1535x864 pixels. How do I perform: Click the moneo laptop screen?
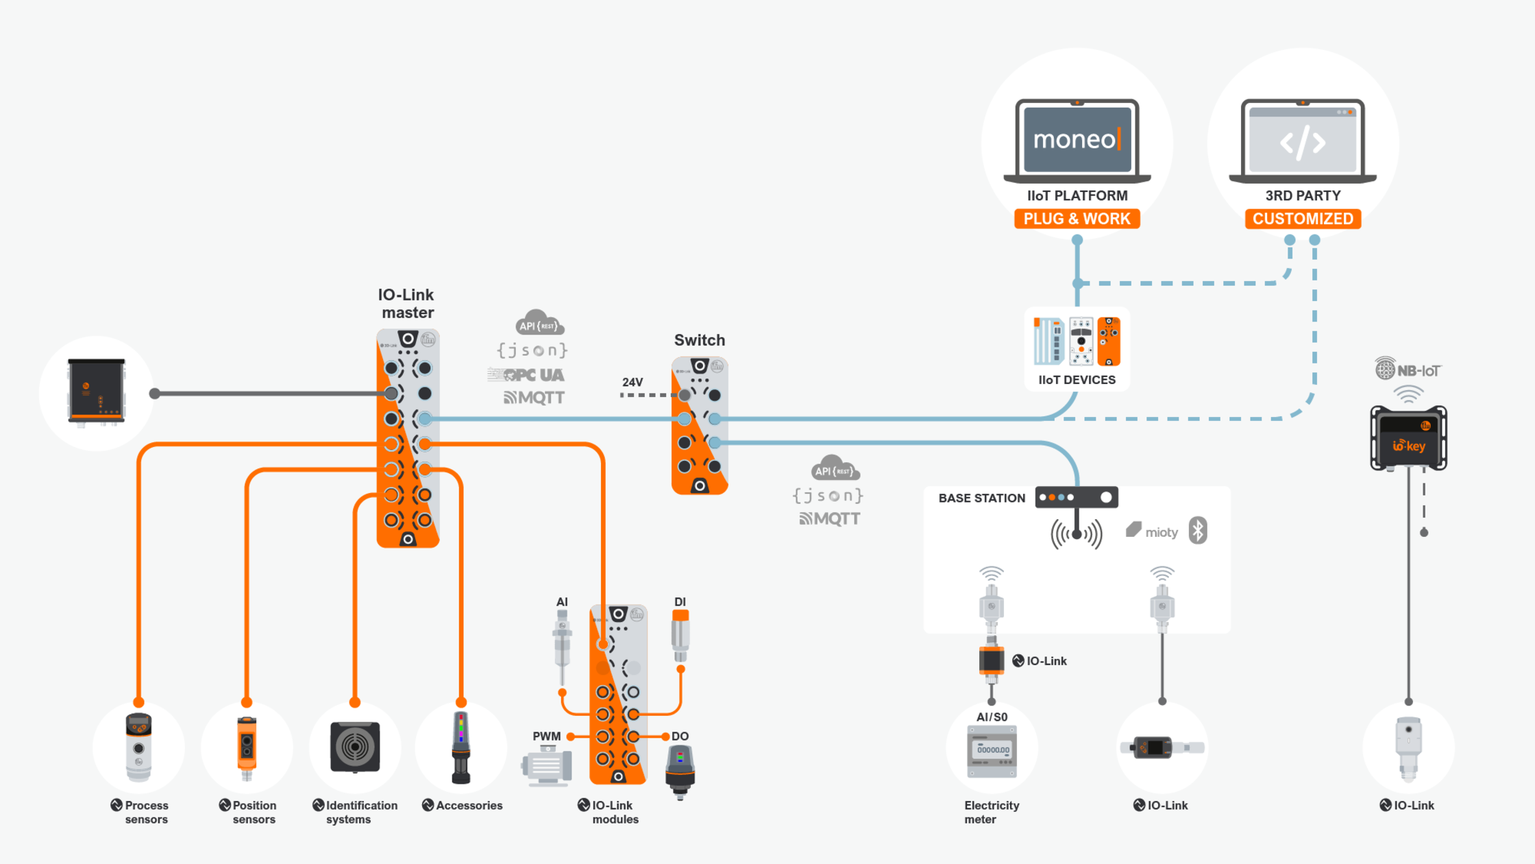coord(1077,139)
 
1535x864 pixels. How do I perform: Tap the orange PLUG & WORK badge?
coord(1077,219)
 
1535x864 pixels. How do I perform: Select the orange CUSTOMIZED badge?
coord(1303,219)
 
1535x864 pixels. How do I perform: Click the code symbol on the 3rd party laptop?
coord(1303,142)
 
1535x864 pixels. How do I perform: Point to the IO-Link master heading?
coord(407,304)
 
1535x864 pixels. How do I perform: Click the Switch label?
coord(699,340)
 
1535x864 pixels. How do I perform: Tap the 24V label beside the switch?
coord(632,382)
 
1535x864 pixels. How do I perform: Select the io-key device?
coord(1408,438)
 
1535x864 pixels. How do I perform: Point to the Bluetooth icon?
coord(1197,531)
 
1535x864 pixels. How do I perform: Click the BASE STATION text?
coord(981,498)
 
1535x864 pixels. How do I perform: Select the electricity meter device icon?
coord(992,751)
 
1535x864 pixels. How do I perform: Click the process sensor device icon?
coord(138,747)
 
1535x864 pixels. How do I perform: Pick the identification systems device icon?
coord(354,747)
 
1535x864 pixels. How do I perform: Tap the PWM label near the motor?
coord(546,736)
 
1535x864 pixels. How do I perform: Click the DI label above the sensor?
coord(680,602)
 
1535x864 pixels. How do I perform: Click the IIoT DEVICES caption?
coord(1077,380)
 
